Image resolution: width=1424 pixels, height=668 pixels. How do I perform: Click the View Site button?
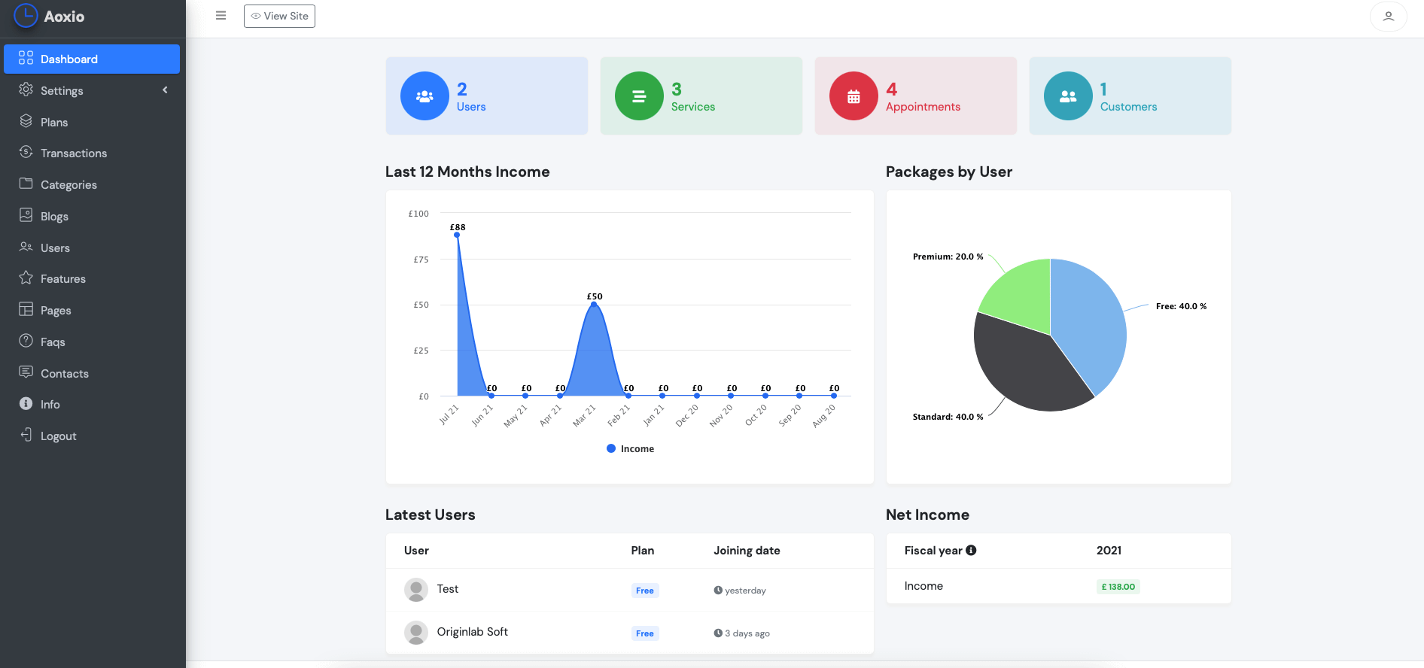point(279,16)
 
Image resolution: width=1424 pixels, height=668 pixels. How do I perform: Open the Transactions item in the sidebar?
point(73,153)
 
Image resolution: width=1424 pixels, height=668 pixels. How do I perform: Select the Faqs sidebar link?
point(52,342)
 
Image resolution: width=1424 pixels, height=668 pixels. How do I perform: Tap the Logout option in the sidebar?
point(58,436)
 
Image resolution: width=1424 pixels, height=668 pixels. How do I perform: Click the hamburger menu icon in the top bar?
point(221,16)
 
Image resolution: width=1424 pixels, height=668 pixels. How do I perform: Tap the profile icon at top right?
point(1388,16)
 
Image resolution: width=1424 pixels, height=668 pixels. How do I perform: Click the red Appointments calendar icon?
point(853,96)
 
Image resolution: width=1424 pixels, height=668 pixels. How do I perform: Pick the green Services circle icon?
point(639,96)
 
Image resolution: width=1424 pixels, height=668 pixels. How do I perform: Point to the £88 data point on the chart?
point(457,235)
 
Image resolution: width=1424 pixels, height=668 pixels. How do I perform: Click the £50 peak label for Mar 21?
point(595,296)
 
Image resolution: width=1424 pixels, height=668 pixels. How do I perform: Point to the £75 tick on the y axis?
point(421,260)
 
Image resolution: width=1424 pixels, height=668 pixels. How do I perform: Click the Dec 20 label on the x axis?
point(686,416)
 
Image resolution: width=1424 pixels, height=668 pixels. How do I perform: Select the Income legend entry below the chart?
point(631,449)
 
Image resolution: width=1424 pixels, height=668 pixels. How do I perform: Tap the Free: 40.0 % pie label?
point(1181,306)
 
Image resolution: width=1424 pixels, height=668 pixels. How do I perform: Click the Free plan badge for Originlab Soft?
point(645,633)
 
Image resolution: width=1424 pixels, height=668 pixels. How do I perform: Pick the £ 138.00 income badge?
point(1118,587)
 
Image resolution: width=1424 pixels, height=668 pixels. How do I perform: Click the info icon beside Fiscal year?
point(971,551)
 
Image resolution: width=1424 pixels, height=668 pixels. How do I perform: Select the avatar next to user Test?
point(416,590)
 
